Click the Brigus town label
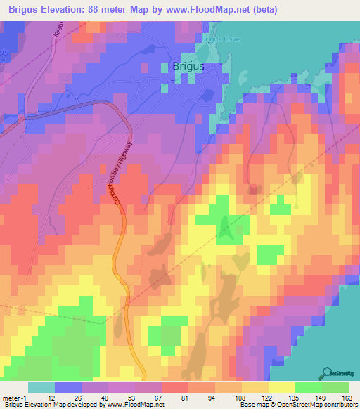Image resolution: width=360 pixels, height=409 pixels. coord(188,66)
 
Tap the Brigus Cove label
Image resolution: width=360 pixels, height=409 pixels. coord(221,39)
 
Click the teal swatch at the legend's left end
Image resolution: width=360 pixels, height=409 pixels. coord(41,387)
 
